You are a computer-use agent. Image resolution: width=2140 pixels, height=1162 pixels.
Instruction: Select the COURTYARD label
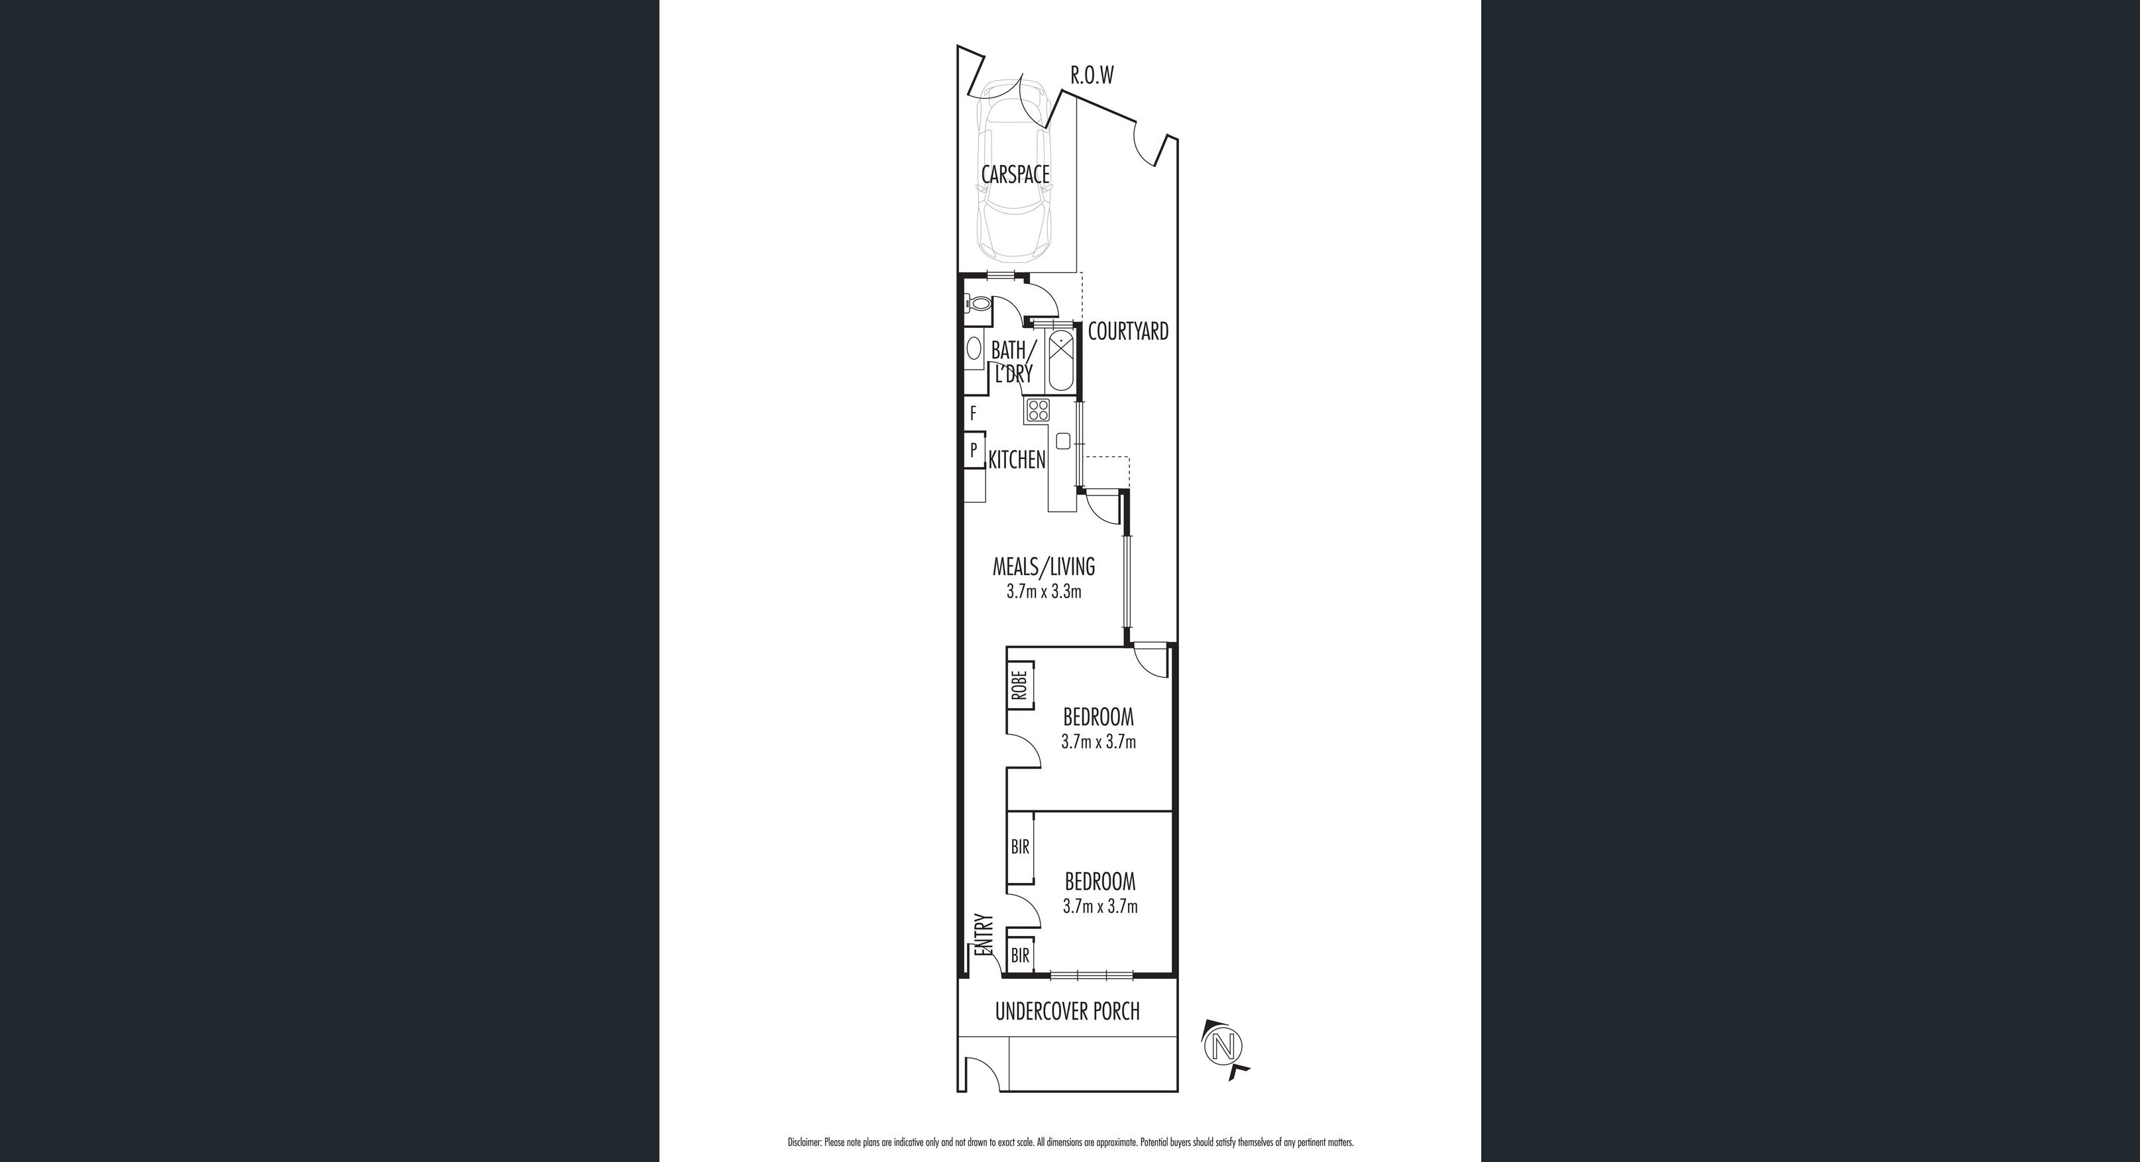point(1128,331)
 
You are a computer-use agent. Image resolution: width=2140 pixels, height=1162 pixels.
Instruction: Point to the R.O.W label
point(1092,76)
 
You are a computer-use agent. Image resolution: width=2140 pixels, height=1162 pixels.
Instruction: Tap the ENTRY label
point(984,937)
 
